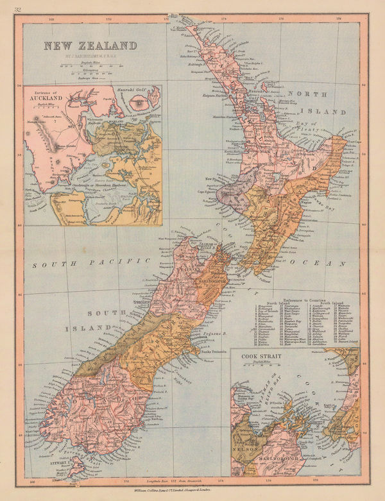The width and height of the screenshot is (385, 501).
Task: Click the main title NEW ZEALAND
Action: (x=90, y=46)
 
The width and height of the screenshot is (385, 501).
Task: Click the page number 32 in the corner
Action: (x=8, y=7)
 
